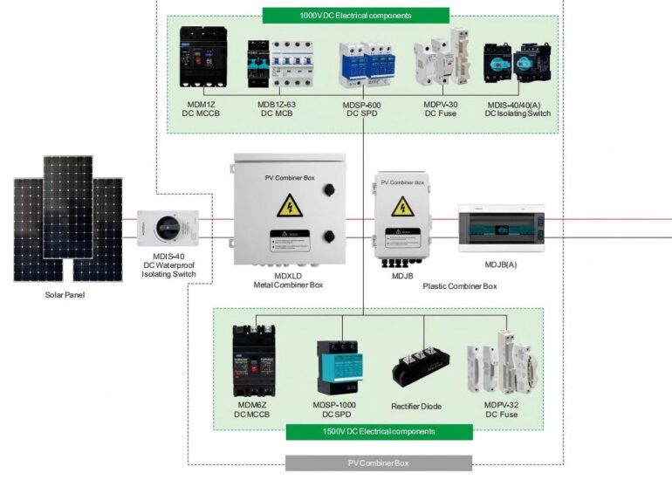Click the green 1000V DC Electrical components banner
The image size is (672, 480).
point(355,15)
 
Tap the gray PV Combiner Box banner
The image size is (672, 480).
point(378,463)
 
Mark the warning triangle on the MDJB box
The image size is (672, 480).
point(402,206)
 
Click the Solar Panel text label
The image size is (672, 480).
point(65,295)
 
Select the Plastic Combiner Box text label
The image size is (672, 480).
point(460,286)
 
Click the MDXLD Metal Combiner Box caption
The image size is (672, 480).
point(288,279)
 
